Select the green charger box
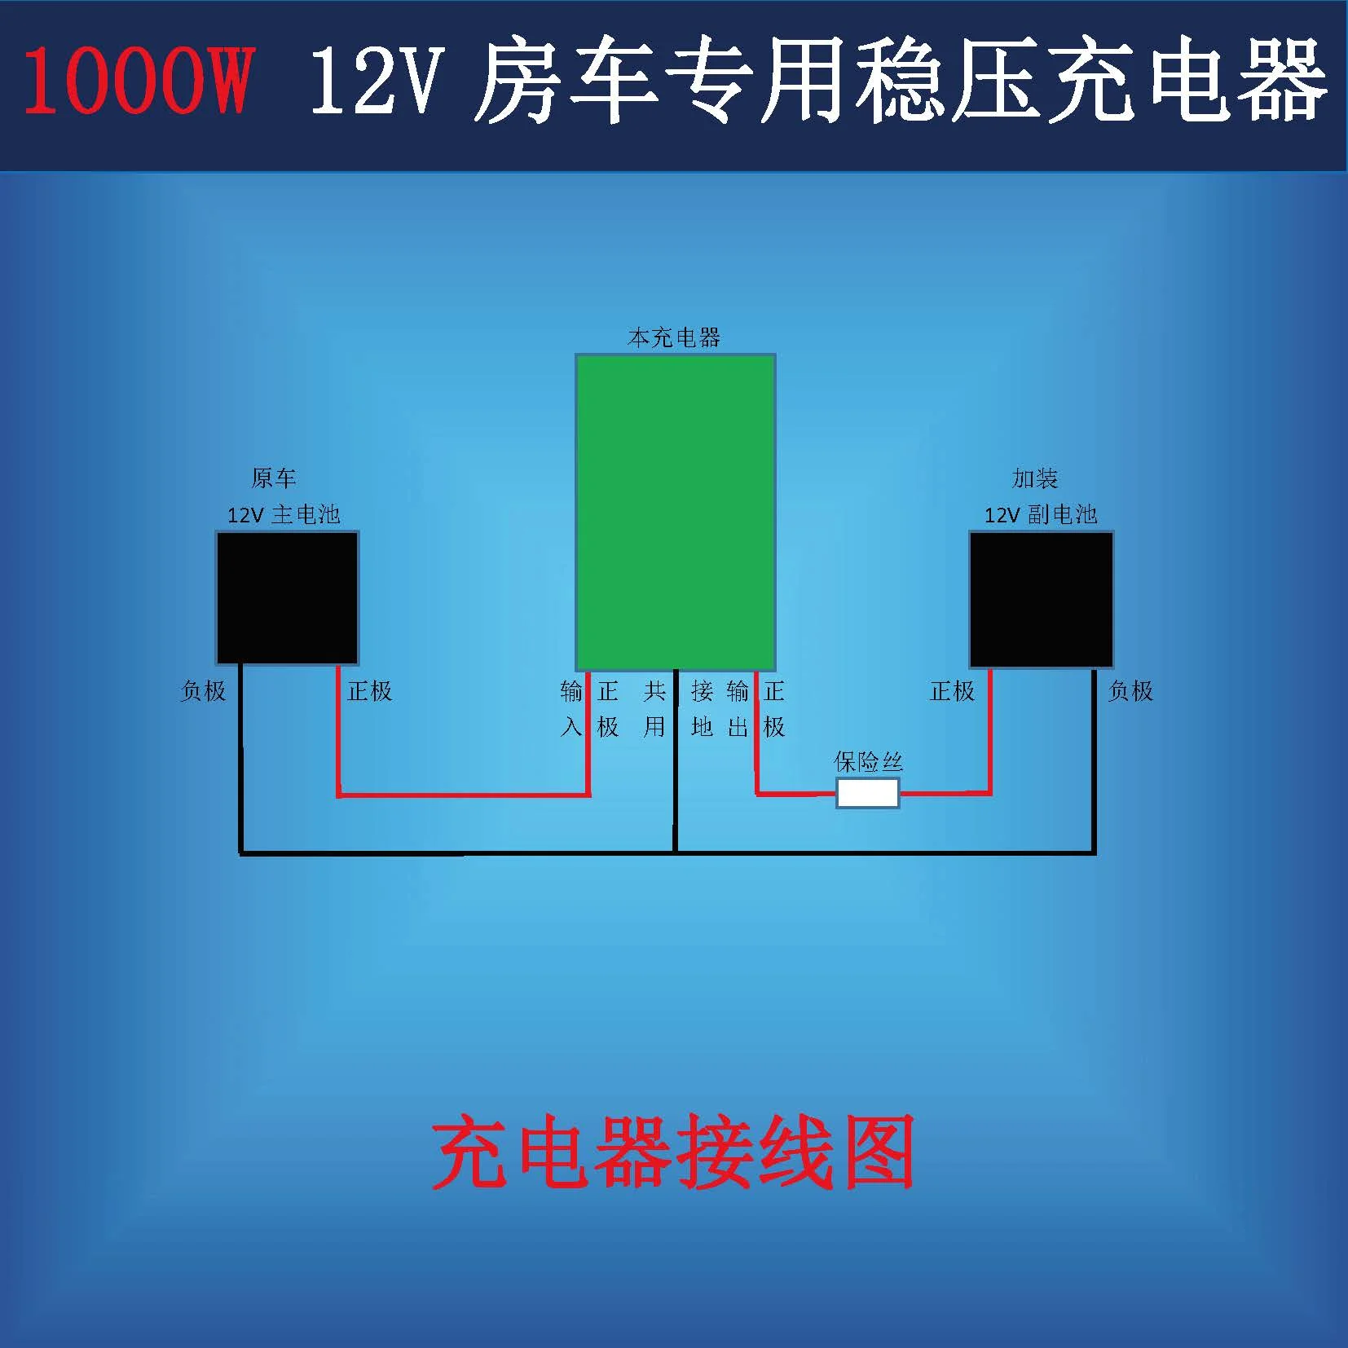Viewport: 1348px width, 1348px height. (x=676, y=513)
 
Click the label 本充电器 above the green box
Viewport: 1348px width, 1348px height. (x=675, y=337)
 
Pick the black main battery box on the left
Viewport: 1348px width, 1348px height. (x=287, y=598)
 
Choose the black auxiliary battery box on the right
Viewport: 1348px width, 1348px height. (x=1042, y=600)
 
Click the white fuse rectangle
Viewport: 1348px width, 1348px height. (x=868, y=793)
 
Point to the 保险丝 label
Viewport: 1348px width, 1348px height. (x=869, y=762)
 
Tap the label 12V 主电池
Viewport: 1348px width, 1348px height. (x=284, y=514)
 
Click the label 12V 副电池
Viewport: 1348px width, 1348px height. (x=1041, y=514)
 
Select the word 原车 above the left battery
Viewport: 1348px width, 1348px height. (x=274, y=478)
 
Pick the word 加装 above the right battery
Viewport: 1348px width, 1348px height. (x=1035, y=478)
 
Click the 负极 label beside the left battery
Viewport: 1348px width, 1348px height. (x=203, y=691)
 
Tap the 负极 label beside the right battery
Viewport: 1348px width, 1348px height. (x=1130, y=691)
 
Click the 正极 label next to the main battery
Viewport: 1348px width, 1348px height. (x=370, y=691)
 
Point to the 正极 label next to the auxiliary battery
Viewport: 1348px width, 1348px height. (x=953, y=691)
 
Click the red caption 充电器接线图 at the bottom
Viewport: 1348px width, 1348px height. (x=673, y=1153)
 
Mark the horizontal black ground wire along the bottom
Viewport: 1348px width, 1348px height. (x=667, y=853)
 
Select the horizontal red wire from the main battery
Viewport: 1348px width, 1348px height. (x=464, y=794)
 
